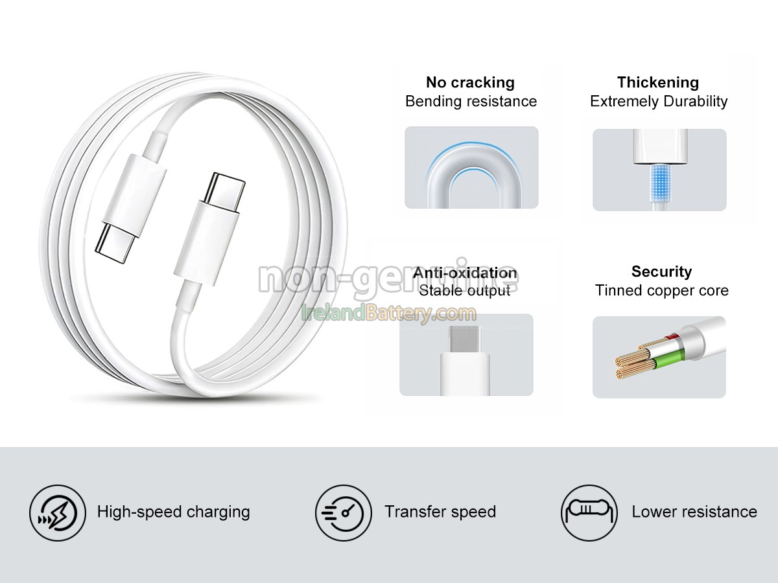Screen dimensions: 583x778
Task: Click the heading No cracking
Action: point(470,83)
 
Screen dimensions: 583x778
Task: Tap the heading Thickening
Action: point(658,83)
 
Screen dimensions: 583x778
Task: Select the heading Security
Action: point(661,272)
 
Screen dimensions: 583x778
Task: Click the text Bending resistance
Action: point(471,102)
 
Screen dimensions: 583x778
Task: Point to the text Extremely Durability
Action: point(659,102)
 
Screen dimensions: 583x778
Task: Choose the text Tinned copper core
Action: point(661,291)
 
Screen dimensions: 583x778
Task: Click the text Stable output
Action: point(465,291)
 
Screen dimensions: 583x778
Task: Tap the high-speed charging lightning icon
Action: point(58,512)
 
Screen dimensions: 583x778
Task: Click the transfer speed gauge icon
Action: point(344,512)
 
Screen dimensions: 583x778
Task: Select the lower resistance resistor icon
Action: point(589,512)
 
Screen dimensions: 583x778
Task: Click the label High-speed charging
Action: point(173,512)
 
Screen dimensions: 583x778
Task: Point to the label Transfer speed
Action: point(440,512)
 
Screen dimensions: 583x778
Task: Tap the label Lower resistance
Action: point(694,512)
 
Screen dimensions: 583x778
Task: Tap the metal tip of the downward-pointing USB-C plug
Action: point(115,240)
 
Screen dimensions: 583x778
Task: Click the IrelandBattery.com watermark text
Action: point(389,314)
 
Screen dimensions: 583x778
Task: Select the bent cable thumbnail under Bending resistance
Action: point(471,168)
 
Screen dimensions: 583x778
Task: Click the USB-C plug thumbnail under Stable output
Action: point(466,355)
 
